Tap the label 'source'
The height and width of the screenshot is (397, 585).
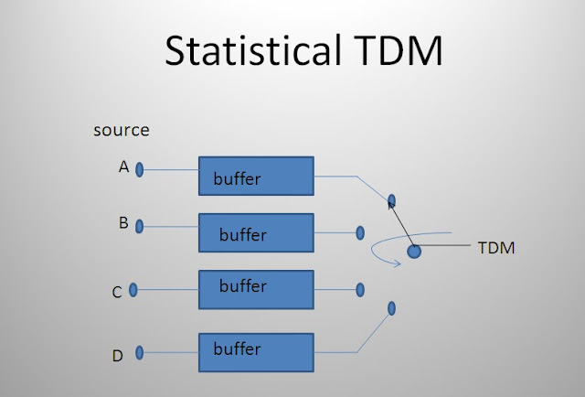121,130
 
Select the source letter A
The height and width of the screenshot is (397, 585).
122,168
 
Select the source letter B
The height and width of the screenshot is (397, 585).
123,221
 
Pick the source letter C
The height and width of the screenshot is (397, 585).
117,293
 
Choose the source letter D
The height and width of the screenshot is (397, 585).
117,355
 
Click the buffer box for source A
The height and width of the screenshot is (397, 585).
256,176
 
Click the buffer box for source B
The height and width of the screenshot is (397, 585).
256,232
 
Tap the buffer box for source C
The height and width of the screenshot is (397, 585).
256,289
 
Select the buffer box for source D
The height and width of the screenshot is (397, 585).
256,352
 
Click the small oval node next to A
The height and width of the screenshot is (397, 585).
140,169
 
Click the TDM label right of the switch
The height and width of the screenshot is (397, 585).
497,247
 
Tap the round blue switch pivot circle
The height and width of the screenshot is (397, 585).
414,251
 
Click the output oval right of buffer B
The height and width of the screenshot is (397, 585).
361,232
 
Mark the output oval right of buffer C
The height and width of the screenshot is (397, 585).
360,290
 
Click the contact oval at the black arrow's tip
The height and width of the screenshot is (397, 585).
391,199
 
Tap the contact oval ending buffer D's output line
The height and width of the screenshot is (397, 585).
390,308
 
